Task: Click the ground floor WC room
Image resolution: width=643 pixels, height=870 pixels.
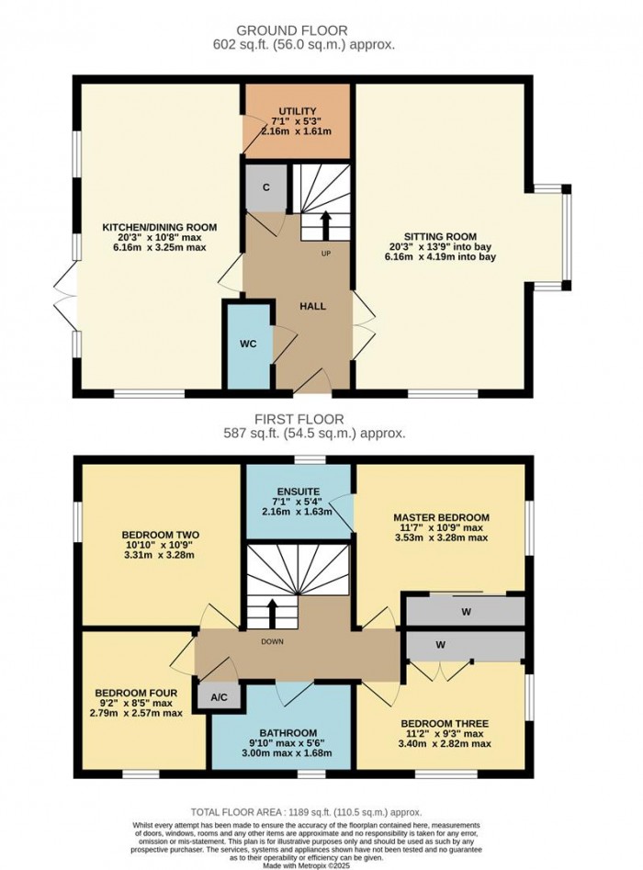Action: [248, 345]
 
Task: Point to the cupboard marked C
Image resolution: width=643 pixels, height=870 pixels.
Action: [265, 187]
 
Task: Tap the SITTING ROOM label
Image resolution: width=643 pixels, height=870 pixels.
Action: [438, 234]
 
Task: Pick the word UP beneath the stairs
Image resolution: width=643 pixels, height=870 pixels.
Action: [326, 254]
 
